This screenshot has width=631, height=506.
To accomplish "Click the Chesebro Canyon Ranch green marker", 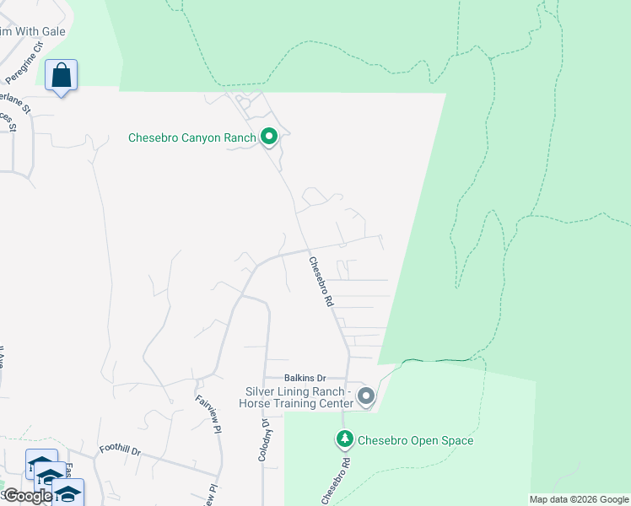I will click(x=269, y=136).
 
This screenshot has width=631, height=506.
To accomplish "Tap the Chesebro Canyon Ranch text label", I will click(x=191, y=137).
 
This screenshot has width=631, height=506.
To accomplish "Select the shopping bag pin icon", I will click(x=62, y=75).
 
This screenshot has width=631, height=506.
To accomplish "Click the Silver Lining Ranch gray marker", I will click(x=366, y=396).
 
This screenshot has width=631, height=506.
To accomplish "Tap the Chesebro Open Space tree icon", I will click(x=344, y=439).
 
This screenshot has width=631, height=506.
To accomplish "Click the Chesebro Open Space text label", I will click(x=415, y=440).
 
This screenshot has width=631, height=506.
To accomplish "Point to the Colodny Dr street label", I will click(x=264, y=439).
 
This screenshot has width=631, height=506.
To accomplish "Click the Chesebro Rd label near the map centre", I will click(x=321, y=282).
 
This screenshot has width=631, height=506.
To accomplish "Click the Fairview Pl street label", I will click(x=208, y=414).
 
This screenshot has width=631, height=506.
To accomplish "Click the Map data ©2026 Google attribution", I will click(x=579, y=499).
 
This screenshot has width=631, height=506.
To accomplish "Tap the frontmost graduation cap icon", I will click(x=67, y=493).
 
